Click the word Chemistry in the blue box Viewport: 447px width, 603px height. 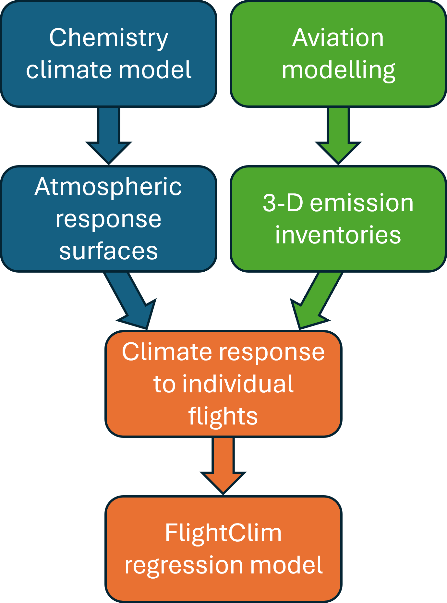click(109, 38)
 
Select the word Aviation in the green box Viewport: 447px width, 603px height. click(338, 38)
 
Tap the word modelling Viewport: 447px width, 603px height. click(338, 70)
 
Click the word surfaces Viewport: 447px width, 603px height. click(108, 251)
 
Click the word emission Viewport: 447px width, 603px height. click(362, 203)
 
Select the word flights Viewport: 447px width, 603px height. click(223, 416)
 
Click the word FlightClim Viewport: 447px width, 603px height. click(223, 533)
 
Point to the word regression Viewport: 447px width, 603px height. click(183, 566)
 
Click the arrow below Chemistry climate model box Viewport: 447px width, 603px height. click(109, 136)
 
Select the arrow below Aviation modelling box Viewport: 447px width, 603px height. click(338, 136)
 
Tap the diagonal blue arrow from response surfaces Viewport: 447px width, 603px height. click(133, 302)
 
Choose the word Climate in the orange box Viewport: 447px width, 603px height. click(164, 352)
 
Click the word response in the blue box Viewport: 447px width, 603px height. click(108, 219)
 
